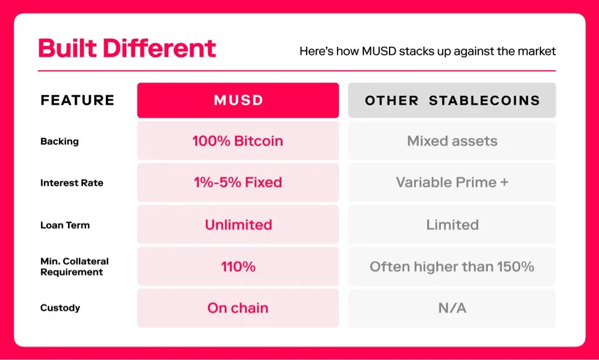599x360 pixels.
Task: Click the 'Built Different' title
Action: coord(127,48)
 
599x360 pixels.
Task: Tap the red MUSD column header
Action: coord(238,100)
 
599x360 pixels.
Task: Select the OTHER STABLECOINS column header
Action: coord(452,100)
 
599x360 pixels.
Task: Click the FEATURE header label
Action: coord(78,100)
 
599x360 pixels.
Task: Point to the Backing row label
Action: coord(60,142)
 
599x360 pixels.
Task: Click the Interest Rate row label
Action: coord(72,183)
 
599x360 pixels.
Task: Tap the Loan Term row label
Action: coord(65,225)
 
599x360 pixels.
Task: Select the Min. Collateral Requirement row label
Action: coord(74,267)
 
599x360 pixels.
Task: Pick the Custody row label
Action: coord(60,308)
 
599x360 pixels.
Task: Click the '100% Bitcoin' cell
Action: coord(238,140)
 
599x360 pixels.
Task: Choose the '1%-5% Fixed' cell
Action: coord(238,182)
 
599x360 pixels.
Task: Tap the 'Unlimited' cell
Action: coord(238,224)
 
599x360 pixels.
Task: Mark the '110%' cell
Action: coord(238,266)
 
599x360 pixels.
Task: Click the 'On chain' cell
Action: coord(238,308)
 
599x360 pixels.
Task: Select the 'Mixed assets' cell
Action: coord(452,140)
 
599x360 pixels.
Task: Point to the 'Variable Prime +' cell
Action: coord(452,182)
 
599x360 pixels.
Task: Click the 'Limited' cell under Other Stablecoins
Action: coord(452,224)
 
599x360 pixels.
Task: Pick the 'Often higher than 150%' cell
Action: coord(452,266)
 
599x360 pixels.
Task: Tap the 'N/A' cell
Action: coord(452,308)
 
